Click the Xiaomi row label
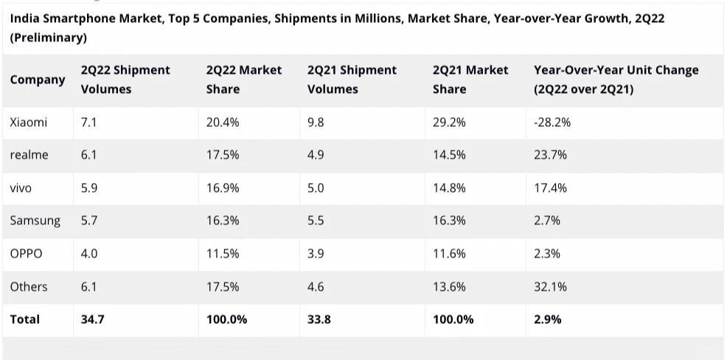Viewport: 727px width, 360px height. click(28, 122)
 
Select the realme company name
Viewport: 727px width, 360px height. click(29, 155)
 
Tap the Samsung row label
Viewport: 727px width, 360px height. click(35, 221)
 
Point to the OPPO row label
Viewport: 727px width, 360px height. click(26, 253)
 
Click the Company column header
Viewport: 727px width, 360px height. click(38, 80)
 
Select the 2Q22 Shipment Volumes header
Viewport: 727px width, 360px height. click(125, 80)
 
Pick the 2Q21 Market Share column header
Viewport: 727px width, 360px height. click(470, 80)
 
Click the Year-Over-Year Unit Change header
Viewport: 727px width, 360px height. click(616, 80)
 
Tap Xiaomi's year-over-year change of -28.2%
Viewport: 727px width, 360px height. click(552, 122)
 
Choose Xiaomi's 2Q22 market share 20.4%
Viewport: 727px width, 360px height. click(223, 122)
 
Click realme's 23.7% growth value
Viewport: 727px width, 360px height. click(550, 155)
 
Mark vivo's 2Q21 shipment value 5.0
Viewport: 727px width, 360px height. click(316, 188)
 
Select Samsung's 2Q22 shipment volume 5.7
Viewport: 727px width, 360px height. click(89, 221)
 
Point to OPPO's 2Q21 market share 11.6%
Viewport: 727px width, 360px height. click(449, 253)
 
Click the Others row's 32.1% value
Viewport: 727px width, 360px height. click(550, 286)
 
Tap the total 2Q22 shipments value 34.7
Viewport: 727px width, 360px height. click(92, 319)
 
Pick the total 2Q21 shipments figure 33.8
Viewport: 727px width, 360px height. click(319, 319)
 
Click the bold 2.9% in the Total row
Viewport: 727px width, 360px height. click(547, 319)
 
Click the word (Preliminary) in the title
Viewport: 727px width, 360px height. click(48, 37)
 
